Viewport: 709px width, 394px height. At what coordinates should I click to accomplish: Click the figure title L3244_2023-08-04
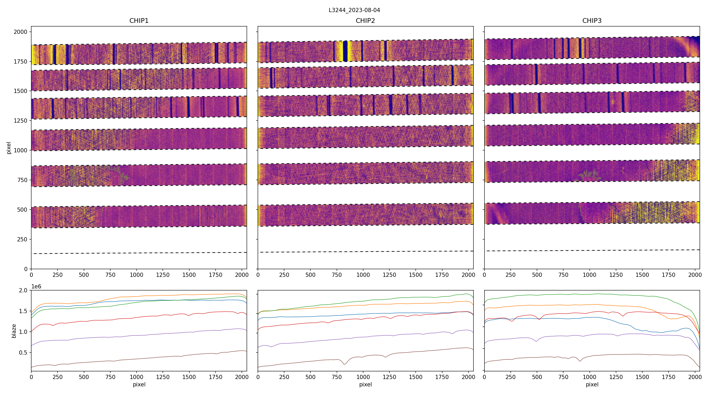pos(354,10)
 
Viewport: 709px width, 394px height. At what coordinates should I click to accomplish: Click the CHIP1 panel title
pos(139,21)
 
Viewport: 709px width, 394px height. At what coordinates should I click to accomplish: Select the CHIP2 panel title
pos(365,21)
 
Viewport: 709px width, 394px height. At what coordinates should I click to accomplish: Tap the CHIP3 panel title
pos(592,21)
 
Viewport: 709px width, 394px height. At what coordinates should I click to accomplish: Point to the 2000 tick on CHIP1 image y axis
pos(21,32)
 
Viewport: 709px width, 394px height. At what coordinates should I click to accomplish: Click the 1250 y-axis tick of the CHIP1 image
pos(21,121)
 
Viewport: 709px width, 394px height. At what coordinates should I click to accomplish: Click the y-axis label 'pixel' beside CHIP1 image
pos(9,148)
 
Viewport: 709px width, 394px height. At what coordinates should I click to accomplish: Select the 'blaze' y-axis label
pos(14,331)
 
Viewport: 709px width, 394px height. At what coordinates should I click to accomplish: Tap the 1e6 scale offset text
pos(36,287)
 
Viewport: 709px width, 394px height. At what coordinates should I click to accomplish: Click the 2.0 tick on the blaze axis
pos(24,291)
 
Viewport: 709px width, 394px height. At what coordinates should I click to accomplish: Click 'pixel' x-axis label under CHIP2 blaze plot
pos(365,384)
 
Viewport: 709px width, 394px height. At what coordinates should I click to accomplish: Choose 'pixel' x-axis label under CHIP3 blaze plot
pos(592,384)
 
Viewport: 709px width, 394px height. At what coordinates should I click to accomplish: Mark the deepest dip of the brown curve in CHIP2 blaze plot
pos(345,364)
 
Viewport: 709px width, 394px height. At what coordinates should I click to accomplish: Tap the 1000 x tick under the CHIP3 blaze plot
pos(590,377)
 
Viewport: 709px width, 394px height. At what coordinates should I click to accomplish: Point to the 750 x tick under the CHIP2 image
pos(337,275)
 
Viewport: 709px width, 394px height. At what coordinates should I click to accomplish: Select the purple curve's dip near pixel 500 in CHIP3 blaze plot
pos(536,341)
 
